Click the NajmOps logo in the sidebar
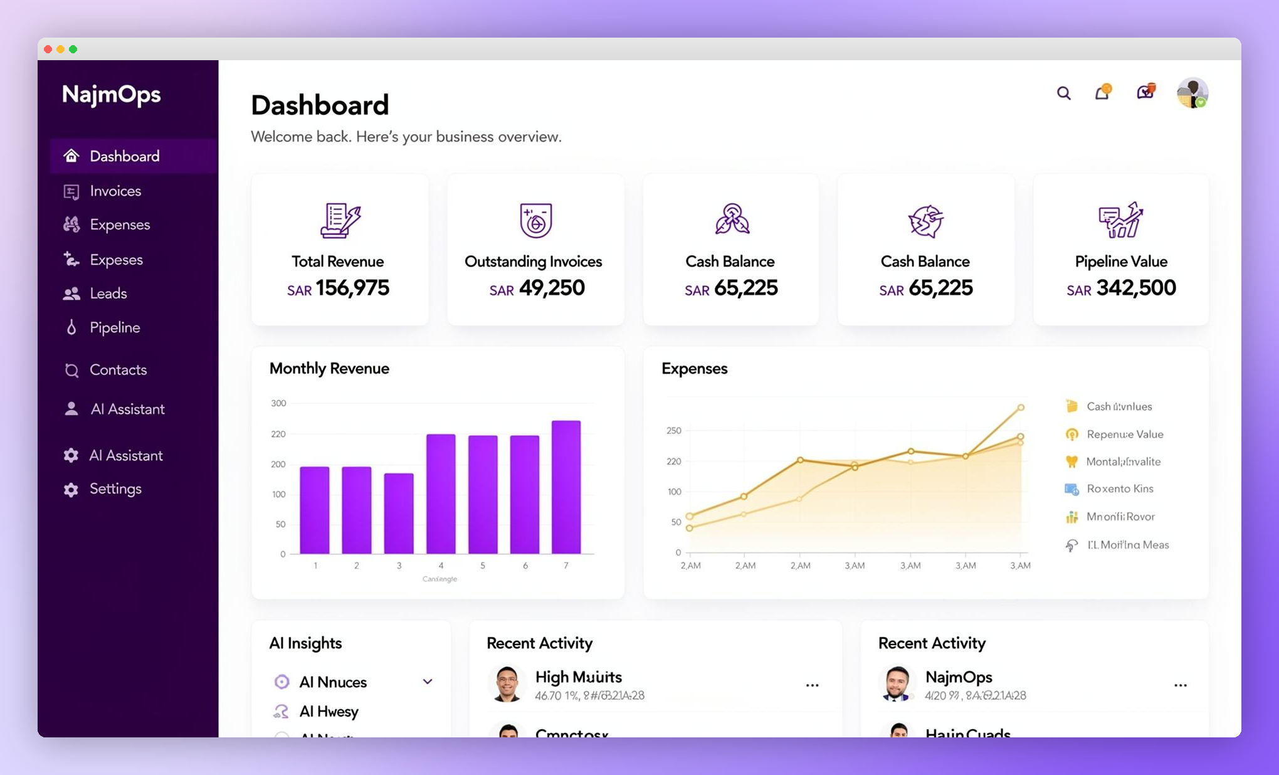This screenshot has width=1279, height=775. coord(112,95)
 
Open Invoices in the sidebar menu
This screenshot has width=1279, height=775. coord(115,191)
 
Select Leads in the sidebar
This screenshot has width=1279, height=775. coord(108,293)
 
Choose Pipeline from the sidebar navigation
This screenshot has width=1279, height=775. coord(114,327)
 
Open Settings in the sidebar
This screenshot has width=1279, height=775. coord(115,489)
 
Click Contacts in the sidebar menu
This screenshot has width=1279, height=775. coord(118,370)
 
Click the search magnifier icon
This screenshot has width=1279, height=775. coord(1063,93)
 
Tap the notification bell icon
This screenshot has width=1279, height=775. coord(1102,93)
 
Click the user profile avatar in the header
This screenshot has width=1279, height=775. coord(1192,93)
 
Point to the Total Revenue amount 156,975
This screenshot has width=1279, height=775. coord(352,288)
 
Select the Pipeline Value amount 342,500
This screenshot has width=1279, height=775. coord(1135,288)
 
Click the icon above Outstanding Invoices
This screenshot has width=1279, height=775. coord(535,220)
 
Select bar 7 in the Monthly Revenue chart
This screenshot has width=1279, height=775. coord(566,487)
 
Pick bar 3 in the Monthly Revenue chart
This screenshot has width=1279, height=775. coord(399,513)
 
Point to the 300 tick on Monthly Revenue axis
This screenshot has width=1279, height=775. coord(278,403)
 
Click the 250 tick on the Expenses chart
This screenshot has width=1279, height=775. coord(674,431)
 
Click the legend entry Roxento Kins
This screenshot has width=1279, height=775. coord(1120,489)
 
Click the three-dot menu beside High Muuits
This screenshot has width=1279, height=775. coord(812,685)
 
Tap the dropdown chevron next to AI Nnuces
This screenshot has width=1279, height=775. coord(428,682)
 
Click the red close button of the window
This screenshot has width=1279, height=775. coord(48,49)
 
